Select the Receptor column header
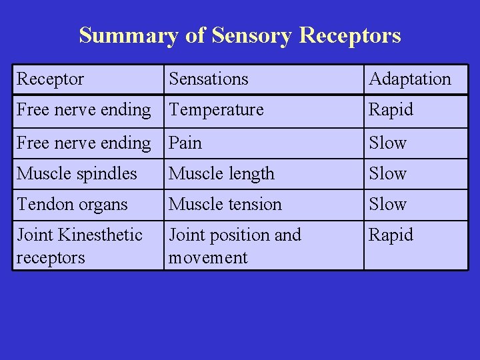[x=50, y=79]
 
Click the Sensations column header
[x=208, y=79]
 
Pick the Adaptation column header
[x=410, y=79]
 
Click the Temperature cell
[x=216, y=110]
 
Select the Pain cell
[x=185, y=143]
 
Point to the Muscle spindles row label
[x=77, y=174]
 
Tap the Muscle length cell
[x=221, y=174]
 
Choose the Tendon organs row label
[x=72, y=205]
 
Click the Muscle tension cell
[x=225, y=205]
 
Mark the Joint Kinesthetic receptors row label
[x=79, y=246]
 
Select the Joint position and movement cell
[x=235, y=246]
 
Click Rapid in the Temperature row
[x=391, y=110]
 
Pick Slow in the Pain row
[x=388, y=143]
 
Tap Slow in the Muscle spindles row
[x=388, y=174]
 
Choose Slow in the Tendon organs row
[x=388, y=205]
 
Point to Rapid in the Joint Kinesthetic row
[x=391, y=235]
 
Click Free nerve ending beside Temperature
[x=84, y=110]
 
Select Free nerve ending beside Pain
[x=84, y=143]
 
